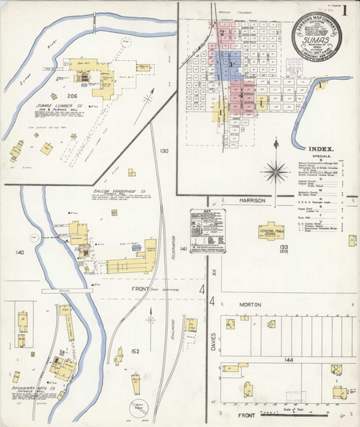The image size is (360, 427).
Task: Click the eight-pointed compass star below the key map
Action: [276, 172]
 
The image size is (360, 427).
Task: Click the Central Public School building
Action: [271, 230]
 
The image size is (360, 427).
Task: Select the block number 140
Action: [19, 252]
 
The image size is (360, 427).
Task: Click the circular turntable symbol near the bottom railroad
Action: [140, 406]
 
